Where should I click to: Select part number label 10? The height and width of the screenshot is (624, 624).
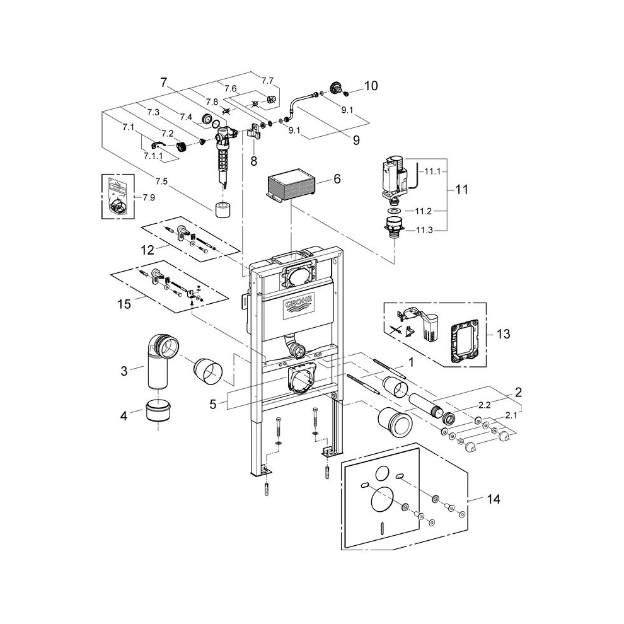371,86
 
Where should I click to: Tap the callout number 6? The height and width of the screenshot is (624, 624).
337,179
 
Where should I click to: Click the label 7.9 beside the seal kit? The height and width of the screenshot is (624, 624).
149,198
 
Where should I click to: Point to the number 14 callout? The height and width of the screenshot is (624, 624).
494,499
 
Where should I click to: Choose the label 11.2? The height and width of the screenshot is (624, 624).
423,212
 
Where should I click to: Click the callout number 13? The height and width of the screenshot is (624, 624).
504,333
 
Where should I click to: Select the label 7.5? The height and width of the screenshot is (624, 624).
161,182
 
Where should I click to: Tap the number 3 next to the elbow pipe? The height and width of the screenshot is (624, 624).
124,371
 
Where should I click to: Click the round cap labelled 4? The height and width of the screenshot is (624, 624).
158,411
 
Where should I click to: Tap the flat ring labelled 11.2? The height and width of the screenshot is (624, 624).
395,211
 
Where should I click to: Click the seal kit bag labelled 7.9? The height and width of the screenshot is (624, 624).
118,197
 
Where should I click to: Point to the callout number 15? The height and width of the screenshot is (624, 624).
124,304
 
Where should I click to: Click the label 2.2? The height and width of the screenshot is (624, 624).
484,405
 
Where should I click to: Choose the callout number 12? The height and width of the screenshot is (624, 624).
147,250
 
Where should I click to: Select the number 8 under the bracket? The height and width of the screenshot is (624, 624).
253,161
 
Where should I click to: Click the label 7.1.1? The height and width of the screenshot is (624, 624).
153,156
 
